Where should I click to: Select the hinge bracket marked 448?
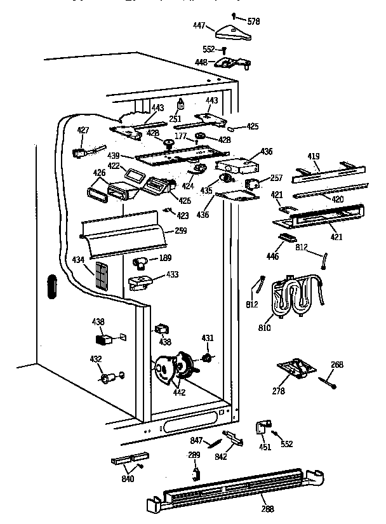[x=232, y=64]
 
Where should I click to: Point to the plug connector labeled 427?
[x=80, y=152]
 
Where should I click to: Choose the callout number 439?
[x=114, y=156]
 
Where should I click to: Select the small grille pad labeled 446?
[x=287, y=236]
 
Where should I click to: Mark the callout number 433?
[x=172, y=274]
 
